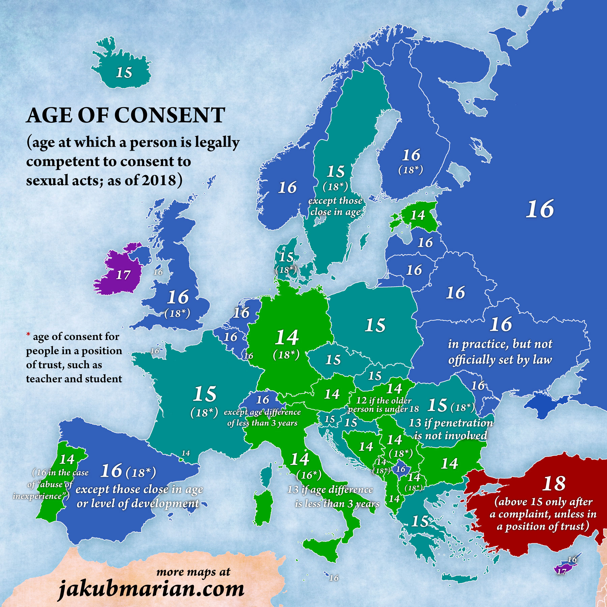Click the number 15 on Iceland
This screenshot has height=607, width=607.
(124, 73)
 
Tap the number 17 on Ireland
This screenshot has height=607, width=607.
(123, 275)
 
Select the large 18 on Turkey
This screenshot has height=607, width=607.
(554, 484)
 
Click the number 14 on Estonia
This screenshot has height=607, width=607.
(417, 215)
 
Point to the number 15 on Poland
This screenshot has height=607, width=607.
(375, 325)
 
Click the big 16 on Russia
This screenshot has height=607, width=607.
(540, 209)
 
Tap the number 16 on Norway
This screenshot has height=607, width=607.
(287, 187)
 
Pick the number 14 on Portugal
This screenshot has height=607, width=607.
(67, 459)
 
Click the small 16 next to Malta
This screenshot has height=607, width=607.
(334, 578)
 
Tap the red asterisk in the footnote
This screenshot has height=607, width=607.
(28, 335)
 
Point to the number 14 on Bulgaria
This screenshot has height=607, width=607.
(450, 464)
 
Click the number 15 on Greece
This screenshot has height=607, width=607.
(420, 521)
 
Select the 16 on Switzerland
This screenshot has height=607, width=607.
(262, 400)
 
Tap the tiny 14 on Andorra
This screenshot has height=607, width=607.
(186, 453)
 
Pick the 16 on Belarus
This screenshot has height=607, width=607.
(456, 293)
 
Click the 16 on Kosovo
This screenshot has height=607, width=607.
(401, 469)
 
